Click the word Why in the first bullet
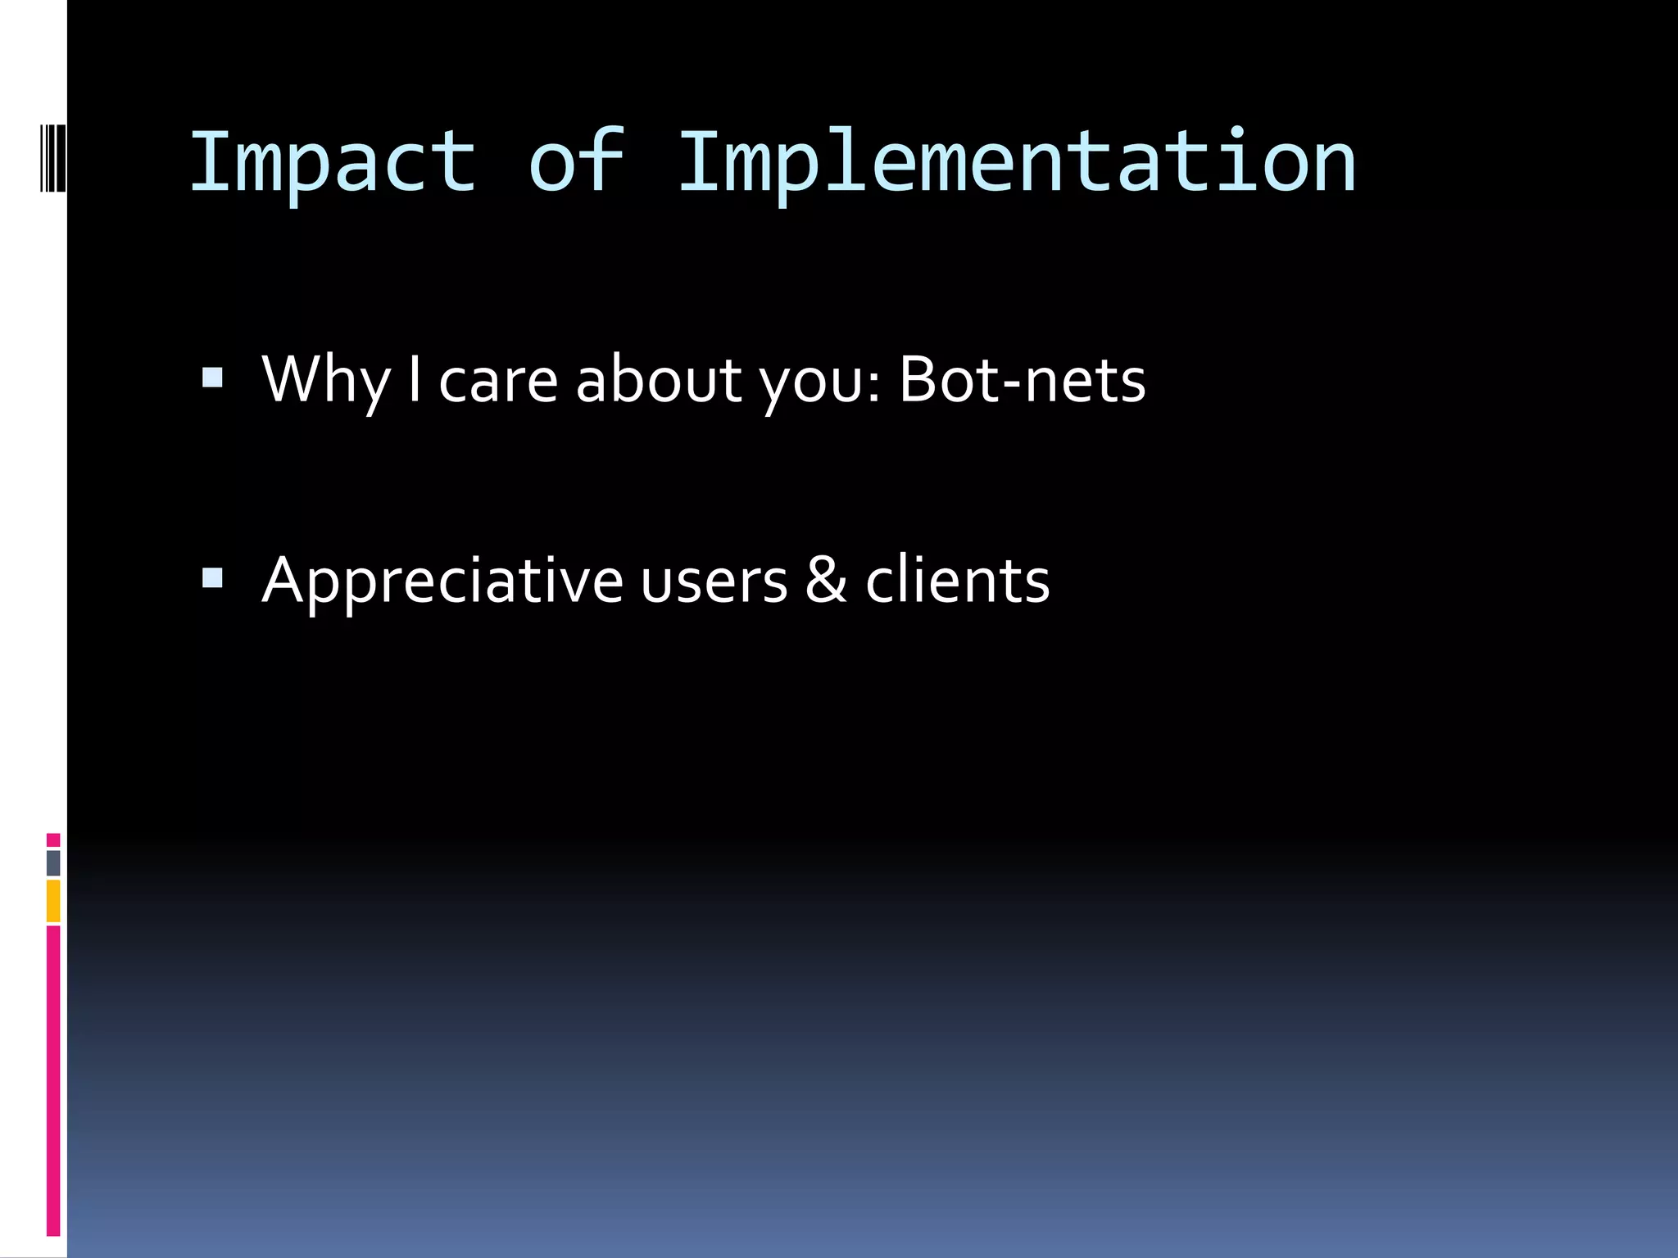[x=326, y=381]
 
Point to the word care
[x=498, y=381]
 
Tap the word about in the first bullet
[x=659, y=381]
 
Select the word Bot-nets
[x=1022, y=381]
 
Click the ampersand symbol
[x=826, y=580]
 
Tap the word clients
[x=957, y=580]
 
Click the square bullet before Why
[x=212, y=378]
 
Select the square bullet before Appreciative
[x=212, y=578]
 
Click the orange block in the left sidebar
[x=53, y=901]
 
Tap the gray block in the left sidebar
[x=53, y=862]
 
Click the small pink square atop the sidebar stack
[x=53, y=840]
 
